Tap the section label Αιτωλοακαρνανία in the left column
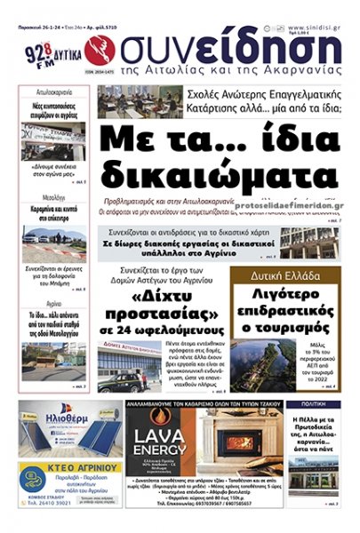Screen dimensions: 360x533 pos(53,91)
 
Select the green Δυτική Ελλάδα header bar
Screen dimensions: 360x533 pos(285,275)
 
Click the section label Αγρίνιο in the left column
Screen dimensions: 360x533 pos(53,303)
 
